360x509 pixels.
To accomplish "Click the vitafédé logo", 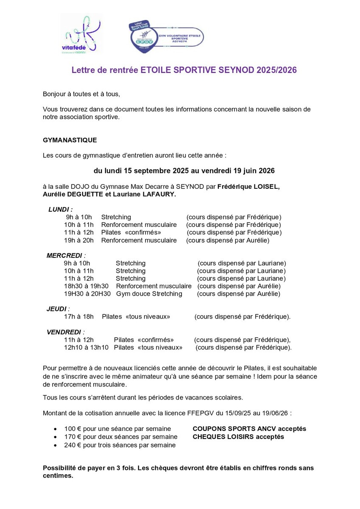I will click(x=81, y=34).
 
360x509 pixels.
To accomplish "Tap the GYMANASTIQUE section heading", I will click(x=70, y=140).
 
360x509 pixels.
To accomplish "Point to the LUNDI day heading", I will click(x=60, y=209).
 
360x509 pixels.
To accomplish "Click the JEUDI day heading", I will click(x=58, y=309).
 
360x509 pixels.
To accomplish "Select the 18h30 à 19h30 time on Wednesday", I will click(x=87, y=286).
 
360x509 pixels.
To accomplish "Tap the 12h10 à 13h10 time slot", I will click(x=87, y=347).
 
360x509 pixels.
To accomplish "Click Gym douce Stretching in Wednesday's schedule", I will click(x=149, y=294).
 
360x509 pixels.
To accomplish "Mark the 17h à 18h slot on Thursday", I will click(x=79, y=316).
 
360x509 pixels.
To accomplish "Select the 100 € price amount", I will click(x=72, y=429).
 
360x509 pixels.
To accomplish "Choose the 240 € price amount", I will click(x=72, y=445).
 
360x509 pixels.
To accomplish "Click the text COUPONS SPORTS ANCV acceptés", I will click(x=249, y=429).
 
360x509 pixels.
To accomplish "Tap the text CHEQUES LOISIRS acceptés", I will click(x=238, y=436).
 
